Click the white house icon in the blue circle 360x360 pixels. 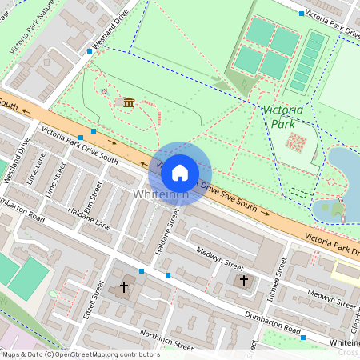pos(180,171)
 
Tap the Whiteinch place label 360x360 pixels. pos(161,195)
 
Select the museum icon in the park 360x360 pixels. pos(129,102)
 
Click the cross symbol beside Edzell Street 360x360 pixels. pos(123,286)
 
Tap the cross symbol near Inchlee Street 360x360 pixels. pos(244,281)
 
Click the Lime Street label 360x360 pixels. pos(55,180)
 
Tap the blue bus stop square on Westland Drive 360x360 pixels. pos(89,51)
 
